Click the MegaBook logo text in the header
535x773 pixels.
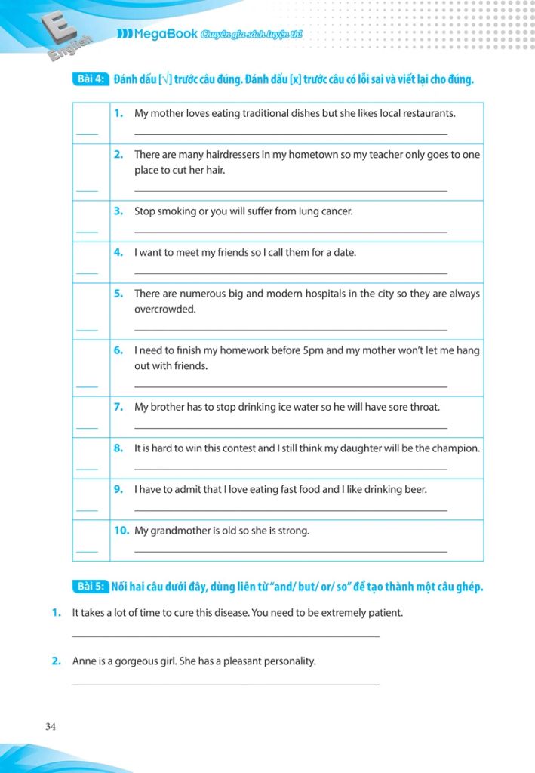click(x=156, y=34)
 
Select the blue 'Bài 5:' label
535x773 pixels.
click(x=91, y=586)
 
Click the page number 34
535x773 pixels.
click(x=51, y=727)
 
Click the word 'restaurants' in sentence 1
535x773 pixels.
click(x=427, y=114)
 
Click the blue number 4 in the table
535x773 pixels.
click(x=118, y=252)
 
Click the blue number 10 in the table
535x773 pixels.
click(x=121, y=531)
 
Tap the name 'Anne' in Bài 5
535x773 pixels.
click(x=85, y=661)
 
